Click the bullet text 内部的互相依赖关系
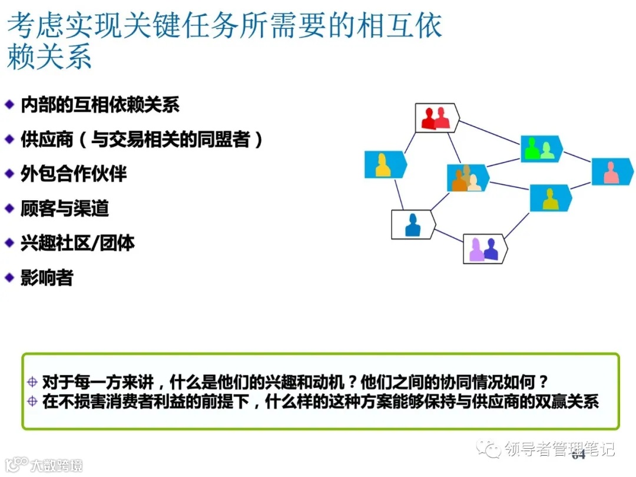click(x=100, y=105)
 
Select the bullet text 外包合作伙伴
click(x=74, y=174)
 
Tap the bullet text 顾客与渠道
click(x=65, y=208)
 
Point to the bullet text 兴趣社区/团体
click(x=78, y=243)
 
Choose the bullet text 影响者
click(x=47, y=277)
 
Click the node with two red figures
click(x=436, y=118)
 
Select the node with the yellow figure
click(x=385, y=165)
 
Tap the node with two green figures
click(x=541, y=149)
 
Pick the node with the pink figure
click(x=612, y=171)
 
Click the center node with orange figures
click(x=467, y=178)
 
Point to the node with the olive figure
click(x=550, y=198)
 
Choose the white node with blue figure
click(x=413, y=224)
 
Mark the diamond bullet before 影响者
click(x=9, y=277)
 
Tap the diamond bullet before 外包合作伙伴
click(x=9, y=174)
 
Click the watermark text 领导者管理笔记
click(x=559, y=449)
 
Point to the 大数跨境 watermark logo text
click(x=56, y=465)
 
